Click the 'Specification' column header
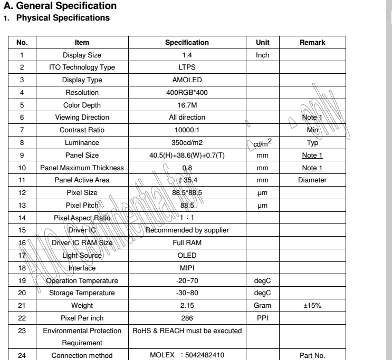click(187, 42)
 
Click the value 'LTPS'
click(187, 67)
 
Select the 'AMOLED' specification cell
click(187, 80)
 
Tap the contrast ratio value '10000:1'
click(187, 129)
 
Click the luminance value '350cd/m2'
click(187, 142)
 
